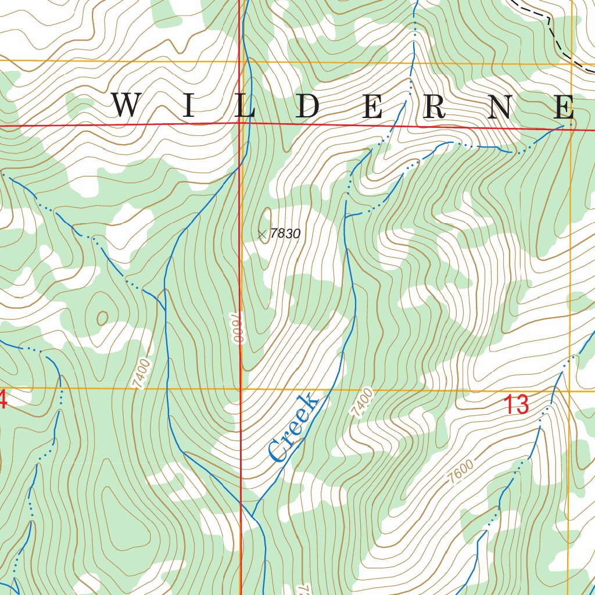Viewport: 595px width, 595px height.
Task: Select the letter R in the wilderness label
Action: click(x=434, y=107)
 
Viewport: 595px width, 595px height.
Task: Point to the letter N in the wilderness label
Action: click(x=500, y=107)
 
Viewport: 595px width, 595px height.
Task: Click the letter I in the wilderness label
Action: click(x=188, y=107)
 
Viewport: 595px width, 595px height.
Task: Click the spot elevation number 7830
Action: click(x=285, y=234)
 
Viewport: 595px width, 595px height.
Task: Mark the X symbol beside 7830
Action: click(x=261, y=234)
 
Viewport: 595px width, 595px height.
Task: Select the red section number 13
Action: click(x=516, y=404)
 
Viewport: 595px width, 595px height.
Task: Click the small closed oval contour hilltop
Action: click(x=102, y=317)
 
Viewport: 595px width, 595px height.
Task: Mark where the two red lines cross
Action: click(x=239, y=123)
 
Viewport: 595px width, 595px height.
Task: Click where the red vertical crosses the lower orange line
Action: click(x=241, y=388)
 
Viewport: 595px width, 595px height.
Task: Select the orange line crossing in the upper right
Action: click(x=571, y=64)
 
